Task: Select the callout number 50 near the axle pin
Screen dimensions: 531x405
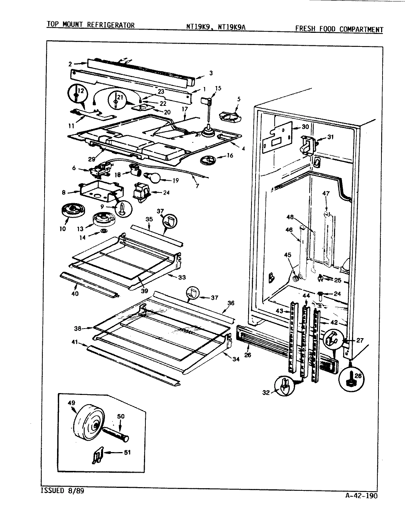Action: (x=120, y=416)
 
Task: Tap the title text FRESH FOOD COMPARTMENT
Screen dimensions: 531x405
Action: (x=338, y=29)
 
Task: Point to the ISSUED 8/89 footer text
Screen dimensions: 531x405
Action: (x=59, y=491)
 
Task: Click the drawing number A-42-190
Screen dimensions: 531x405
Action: (x=362, y=496)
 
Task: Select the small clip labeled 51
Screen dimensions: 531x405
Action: (x=96, y=457)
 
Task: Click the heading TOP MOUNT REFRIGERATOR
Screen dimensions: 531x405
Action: (x=90, y=25)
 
